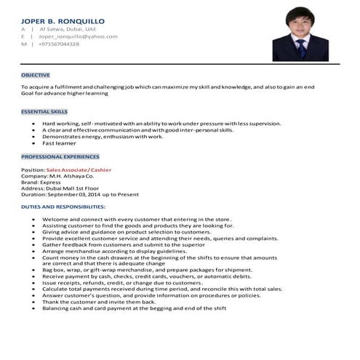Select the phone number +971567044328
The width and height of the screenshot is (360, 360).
[59, 44]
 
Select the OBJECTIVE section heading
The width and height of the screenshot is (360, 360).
[35, 75]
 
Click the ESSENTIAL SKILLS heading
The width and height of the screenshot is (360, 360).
[44, 113]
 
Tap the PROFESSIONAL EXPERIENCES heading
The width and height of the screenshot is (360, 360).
[60, 156]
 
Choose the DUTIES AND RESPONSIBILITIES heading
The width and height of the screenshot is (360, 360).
[63, 207]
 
